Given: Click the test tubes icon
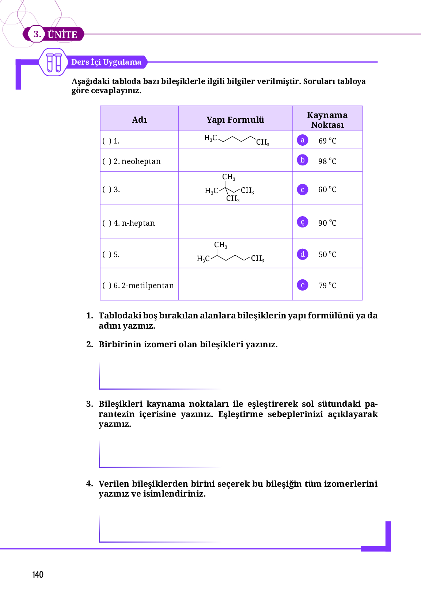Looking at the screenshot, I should coord(54,62).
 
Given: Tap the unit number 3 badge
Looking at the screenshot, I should coord(37,34).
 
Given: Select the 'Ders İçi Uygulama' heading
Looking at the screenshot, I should coord(106,62).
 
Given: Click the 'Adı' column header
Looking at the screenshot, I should coord(139,120).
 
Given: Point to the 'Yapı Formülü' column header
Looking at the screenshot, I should coord(235,120).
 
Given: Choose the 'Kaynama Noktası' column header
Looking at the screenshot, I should coord(327,120).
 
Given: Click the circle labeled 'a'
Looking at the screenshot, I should coord(303,140).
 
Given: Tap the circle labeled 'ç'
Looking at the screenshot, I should coord(303,222).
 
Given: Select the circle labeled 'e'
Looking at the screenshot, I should coord(303,285).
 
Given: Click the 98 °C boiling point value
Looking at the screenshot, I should coord(327,161).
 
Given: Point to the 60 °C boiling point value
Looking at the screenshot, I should coord(327,190).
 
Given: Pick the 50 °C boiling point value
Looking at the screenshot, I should coord(327,255).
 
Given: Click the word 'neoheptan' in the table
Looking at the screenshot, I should coord(141,161).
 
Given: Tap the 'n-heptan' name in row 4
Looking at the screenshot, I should coord(138,223).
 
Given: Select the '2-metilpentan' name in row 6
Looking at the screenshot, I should coord(148,286).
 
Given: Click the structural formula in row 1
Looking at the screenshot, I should coord(236,140).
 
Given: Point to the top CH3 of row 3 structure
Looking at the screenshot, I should coord(229,177).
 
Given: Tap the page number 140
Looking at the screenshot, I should coord(38,575).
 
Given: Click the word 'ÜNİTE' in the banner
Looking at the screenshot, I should coord(62,35).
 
